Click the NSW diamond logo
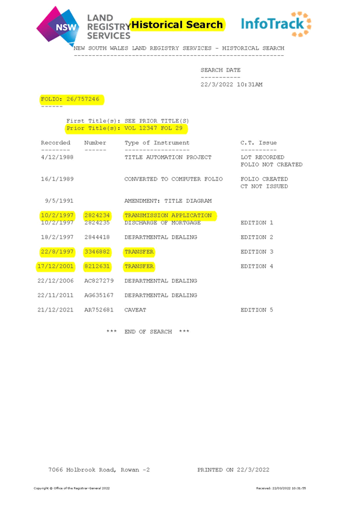coord(58,25)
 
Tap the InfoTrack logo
coord(276,24)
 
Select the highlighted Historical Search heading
coord(177,25)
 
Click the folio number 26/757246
coord(83,99)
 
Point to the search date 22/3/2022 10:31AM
coord(231,85)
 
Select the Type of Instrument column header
coord(157,143)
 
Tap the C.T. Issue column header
coord(258,143)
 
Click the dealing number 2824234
coord(97,215)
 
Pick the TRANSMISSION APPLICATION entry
coord(168,215)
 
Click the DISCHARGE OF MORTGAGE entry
coord(162,223)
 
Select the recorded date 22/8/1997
coord(57,252)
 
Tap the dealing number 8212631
coord(97,266)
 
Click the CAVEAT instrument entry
coord(135,310)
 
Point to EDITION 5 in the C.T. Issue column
coord(257,310)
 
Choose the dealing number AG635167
coord(99,295)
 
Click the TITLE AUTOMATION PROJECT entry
coord(168,158)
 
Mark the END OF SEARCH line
coord(148,332)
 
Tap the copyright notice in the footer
coord(72,488)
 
